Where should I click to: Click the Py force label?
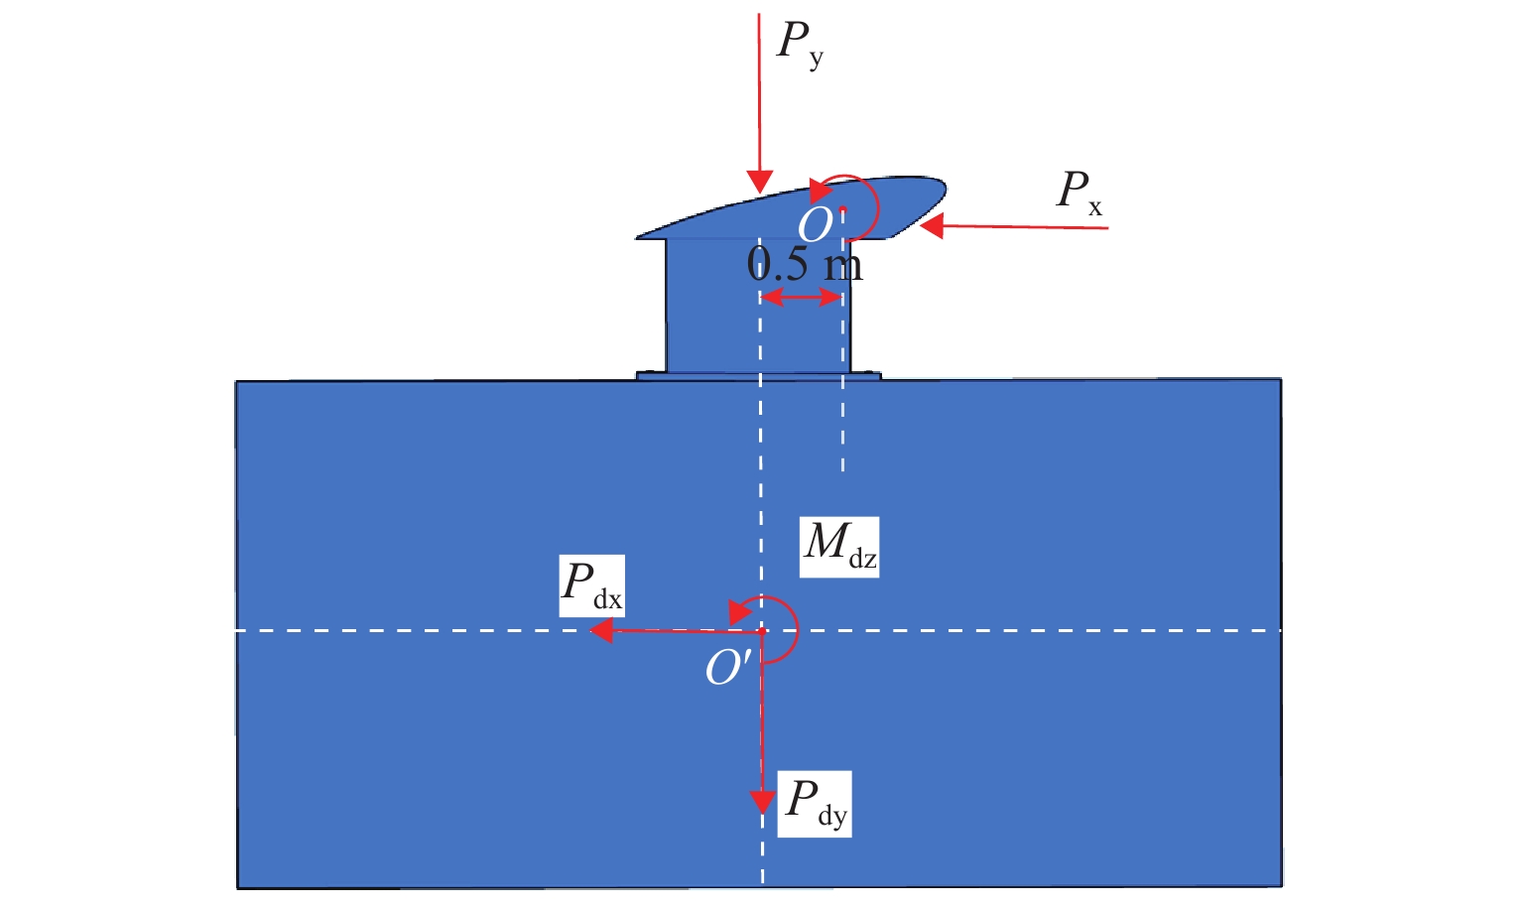click(x=800, y=44)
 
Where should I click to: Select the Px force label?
click(x=1079, y=192)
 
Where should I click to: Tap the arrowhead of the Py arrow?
click(x=759, y=182)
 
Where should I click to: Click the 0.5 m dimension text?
click(x=805, y=264)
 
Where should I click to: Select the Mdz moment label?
click(x=839, y=546)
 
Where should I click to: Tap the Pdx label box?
click(x=591, y=585)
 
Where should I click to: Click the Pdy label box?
click(x=814, y=803)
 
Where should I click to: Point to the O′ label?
click(x=727, y=668)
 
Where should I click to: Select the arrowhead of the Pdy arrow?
click(x=762, y=801)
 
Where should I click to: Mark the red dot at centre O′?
click(x=762, y=631)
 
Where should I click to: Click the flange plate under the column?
click(x=758, y=376)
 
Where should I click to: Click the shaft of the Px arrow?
click(x=1022, y=227)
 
